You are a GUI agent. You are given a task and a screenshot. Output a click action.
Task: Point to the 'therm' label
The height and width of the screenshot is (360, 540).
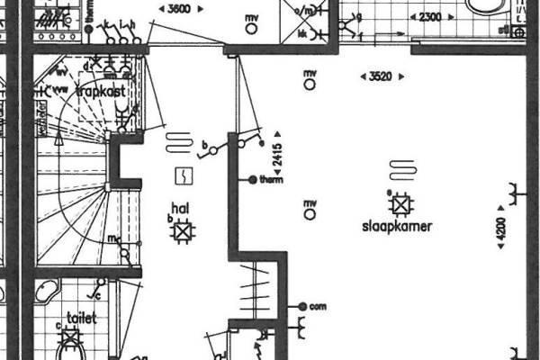(x=271, y=180)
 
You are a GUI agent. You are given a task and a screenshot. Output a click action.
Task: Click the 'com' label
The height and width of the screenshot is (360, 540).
(x=317, y=307)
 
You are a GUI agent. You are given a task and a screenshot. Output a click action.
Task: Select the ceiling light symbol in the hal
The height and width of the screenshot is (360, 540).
(x=184, y=231)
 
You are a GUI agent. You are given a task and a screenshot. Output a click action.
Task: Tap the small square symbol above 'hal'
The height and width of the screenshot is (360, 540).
(x=184, y=174)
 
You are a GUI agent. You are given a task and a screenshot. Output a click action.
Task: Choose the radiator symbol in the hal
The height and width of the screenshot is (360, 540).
(x=178, y=142)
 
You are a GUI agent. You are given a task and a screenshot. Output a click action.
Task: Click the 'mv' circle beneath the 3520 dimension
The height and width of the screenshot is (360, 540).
(x=310, y=84)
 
